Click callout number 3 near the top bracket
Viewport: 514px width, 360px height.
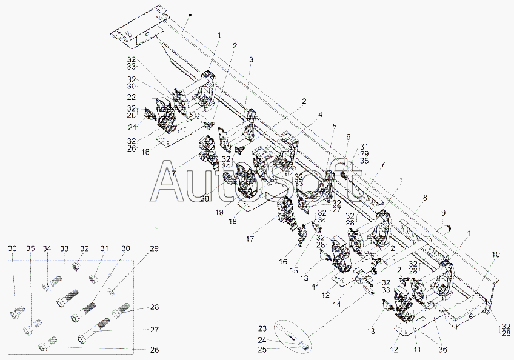(251, 59)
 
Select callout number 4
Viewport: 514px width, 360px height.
(320, 115)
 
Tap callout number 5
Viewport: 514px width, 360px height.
(334, 126)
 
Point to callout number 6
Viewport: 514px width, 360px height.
(348, 137)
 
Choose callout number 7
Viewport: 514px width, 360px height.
(383, 164)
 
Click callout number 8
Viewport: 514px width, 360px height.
(425, 198)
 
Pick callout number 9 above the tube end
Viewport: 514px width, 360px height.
(443, 213)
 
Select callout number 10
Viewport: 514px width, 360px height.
(496, 254)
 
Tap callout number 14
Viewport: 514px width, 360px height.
(336, 304)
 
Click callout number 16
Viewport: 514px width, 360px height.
(283, 261)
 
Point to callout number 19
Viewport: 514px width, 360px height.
(219, 212)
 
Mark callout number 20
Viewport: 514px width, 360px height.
(204, 199)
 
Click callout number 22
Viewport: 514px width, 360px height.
(132, 98)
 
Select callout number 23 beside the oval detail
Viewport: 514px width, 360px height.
(262, 328)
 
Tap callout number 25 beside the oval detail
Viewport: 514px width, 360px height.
(262, 350)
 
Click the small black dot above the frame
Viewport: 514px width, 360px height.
(190, 15)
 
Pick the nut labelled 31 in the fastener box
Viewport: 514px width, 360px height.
(95, 279)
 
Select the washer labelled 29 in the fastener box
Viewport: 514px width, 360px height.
(112, 292)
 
